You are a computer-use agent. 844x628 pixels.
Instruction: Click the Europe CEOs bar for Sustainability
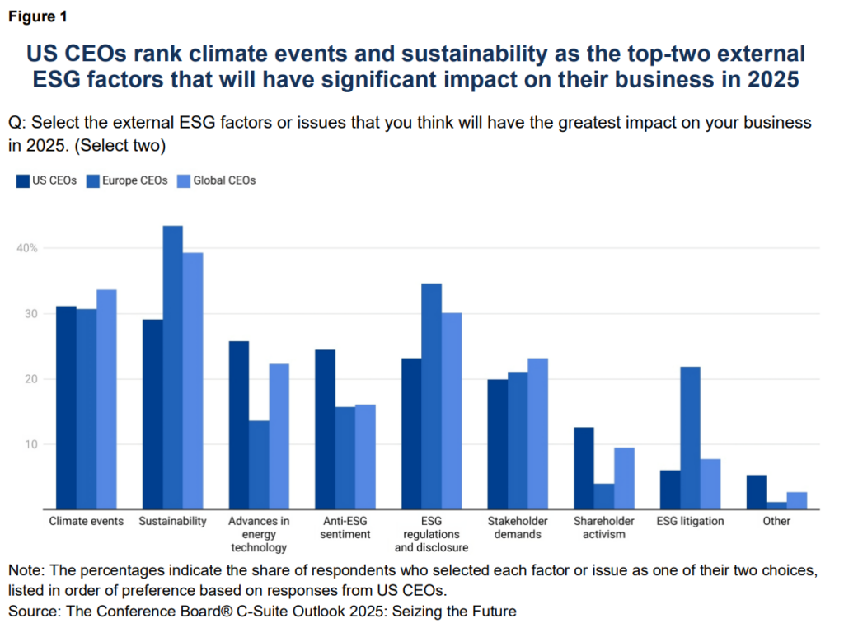pos(172,368)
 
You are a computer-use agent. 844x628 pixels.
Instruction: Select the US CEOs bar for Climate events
pos(66,408)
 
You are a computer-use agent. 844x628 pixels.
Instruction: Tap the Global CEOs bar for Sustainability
pos(193,381)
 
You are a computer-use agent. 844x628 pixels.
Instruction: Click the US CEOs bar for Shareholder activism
pos(584,468)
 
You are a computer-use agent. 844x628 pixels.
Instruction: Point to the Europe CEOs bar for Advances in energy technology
pos(259,465)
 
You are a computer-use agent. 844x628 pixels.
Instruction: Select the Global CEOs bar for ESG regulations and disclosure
pos(452,411)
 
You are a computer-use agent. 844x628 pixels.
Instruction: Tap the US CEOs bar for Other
pos(756,492)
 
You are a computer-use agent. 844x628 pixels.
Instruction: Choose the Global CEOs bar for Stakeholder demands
pos(538,434)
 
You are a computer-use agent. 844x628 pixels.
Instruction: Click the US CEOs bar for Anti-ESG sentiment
pos(325,429)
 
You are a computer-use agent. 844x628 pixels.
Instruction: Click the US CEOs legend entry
pos(47,180)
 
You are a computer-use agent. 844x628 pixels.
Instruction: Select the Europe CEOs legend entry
pos(129,180)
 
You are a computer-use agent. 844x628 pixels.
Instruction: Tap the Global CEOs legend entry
pos(217,180)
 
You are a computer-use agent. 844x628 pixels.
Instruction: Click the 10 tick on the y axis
pos(32,444)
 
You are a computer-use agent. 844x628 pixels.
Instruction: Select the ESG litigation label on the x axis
pos(690,521)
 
